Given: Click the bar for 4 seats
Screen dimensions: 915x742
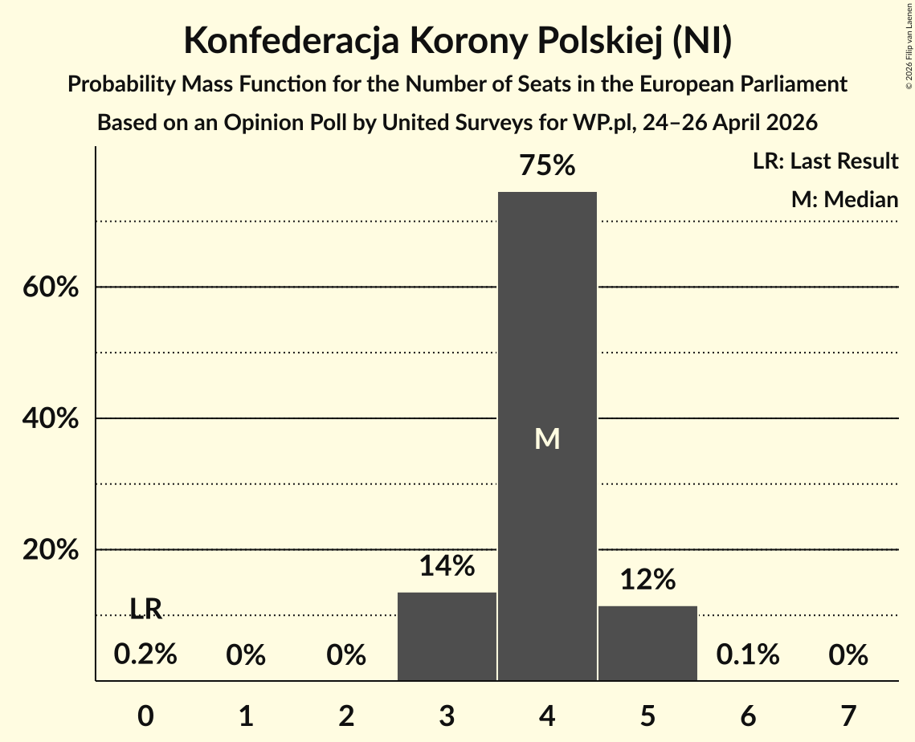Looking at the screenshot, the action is (x=547, y=436).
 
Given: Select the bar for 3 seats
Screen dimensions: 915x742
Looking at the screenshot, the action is (x=447, y=637).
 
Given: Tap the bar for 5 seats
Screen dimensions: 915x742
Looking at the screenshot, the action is (x=647, y=643).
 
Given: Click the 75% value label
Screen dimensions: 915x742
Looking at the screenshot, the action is (x=547, y=165).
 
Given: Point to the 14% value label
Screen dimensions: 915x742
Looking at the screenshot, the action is (x=447, y=566).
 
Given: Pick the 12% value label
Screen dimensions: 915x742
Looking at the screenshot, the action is (x=647, y=580).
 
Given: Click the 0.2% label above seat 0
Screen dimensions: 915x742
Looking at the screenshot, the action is (x=145, y=654).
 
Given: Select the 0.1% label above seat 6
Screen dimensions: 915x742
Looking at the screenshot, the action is (x=748, y=654).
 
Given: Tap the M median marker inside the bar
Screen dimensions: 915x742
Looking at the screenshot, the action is (x=547, y=438).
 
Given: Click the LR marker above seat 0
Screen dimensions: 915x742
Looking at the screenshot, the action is (x=145, y=609).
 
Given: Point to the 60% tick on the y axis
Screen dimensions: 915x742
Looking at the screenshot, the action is (x=51, y=287).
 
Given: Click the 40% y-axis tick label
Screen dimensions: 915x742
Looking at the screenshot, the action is (x=51, y=418).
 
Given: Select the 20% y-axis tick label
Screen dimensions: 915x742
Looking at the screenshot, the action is (x=51, y=549).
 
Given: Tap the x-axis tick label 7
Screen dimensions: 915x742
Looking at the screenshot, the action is (x=848, y=715).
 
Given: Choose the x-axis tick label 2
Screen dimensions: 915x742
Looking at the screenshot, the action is (x=346, y=715).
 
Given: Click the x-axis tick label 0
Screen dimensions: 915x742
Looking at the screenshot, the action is (x=146, y=715).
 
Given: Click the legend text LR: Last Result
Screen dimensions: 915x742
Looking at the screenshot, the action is (x=825, y=161).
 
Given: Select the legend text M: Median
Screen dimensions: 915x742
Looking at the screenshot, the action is (x=844, y=199).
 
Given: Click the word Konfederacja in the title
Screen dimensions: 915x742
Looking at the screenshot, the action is (x=292, y=41).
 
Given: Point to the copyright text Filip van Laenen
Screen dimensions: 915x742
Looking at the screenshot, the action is (x=909, y=29).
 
